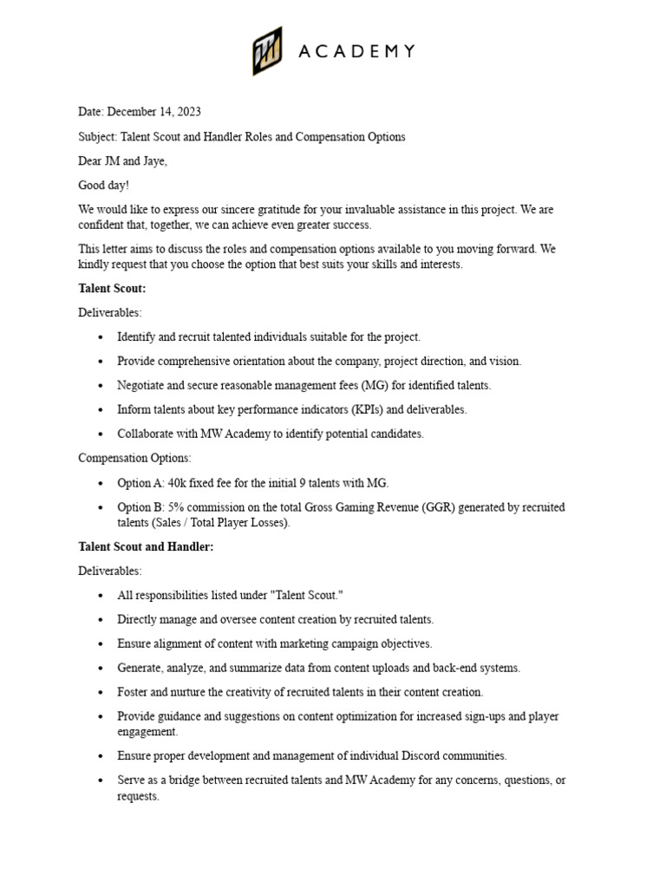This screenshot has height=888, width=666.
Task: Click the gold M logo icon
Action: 268,50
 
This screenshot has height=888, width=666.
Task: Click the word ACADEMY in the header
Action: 357,52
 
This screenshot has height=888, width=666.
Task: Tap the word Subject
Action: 96,137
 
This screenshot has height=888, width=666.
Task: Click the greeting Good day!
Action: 103,186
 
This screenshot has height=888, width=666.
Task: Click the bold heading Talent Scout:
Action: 112,288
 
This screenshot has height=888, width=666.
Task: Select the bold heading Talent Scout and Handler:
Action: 146,546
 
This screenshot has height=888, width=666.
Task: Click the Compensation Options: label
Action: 134,458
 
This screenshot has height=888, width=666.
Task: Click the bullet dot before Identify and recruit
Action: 102,337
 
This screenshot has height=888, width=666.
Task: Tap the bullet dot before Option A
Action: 102,483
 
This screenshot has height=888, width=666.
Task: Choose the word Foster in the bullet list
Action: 133,692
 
